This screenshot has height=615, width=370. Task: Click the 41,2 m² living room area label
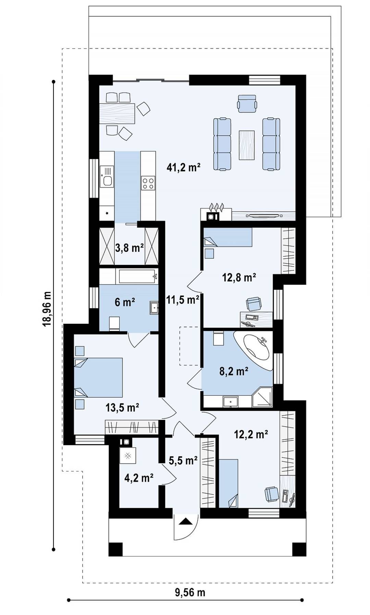click(x=183, y=167)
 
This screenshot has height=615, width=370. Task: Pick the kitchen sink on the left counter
click(x=107, y=176)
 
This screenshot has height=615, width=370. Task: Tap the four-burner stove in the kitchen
click(x=148, y=183)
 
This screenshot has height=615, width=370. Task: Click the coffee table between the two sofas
click(x=247, y=145)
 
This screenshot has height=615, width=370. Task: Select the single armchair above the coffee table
click(x=247, y=103)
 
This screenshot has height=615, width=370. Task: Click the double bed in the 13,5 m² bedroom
click(x=98, y=377)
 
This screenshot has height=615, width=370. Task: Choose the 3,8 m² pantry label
click(x=129, y=247)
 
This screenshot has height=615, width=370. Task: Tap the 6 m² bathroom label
click(x=125, y=302)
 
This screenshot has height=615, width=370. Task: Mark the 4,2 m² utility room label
click(x=139, y=477)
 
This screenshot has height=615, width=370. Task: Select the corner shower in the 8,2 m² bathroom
click(x=262, y=397)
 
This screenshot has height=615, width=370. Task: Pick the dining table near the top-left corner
click(x=117, y=113)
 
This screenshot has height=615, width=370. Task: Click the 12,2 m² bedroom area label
click(x=251, y=434)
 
